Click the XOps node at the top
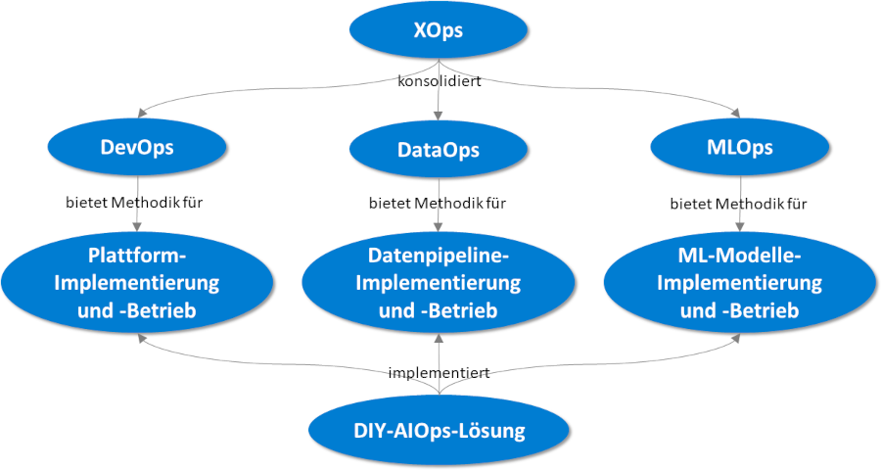point(438,31)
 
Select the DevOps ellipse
point(137,147)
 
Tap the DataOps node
point(438,150)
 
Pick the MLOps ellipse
point(739,148)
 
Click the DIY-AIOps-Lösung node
point(439,430)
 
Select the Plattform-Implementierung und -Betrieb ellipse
point(137,284)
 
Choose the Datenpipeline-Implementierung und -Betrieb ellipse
point(438,284)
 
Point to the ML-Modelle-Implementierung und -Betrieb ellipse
point(739,284)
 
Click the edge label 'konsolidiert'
point(439,81)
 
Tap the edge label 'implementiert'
point(439,373)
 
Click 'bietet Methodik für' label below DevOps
point(137,204)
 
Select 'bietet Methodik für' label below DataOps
point(438,204)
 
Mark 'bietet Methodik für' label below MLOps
point(739,204)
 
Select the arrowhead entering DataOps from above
point(438,118)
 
